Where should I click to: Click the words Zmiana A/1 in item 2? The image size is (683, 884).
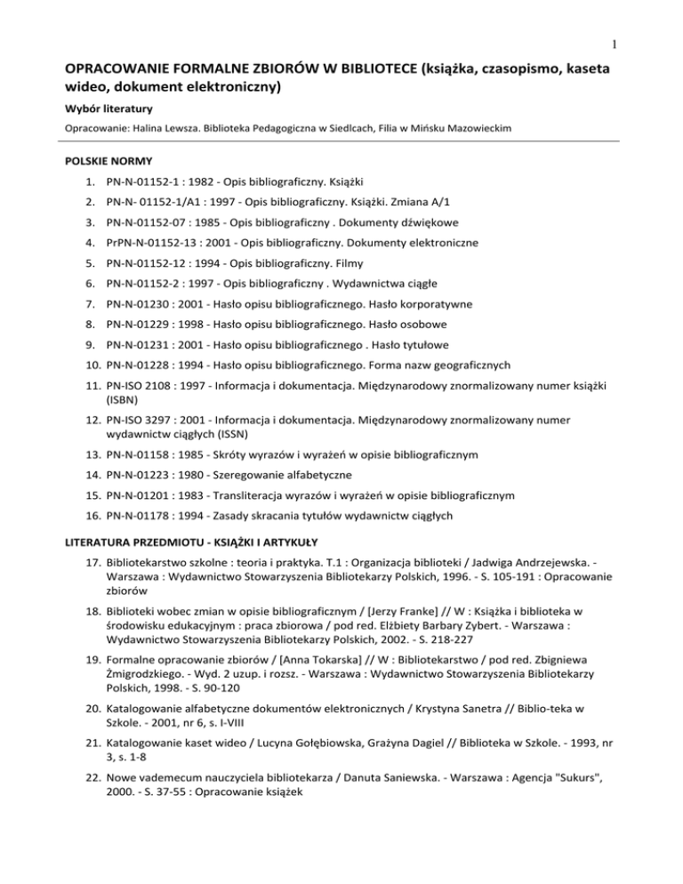423,213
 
